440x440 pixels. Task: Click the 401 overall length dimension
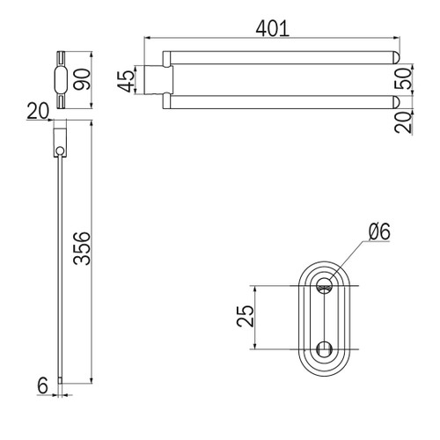click(273, 29)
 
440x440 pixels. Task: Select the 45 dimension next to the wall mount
click(126, 81)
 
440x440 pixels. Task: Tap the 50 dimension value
click(403, 78)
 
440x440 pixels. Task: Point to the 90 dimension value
click(82, 79)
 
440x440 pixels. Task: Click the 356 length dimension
click(82, 248)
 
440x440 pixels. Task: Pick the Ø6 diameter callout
click(379, 231)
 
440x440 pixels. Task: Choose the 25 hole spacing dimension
click(245, 316)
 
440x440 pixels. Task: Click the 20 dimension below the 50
click(403, 122)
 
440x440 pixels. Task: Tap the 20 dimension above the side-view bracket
click(38, 111)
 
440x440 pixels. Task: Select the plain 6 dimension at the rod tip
click(43, 385)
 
